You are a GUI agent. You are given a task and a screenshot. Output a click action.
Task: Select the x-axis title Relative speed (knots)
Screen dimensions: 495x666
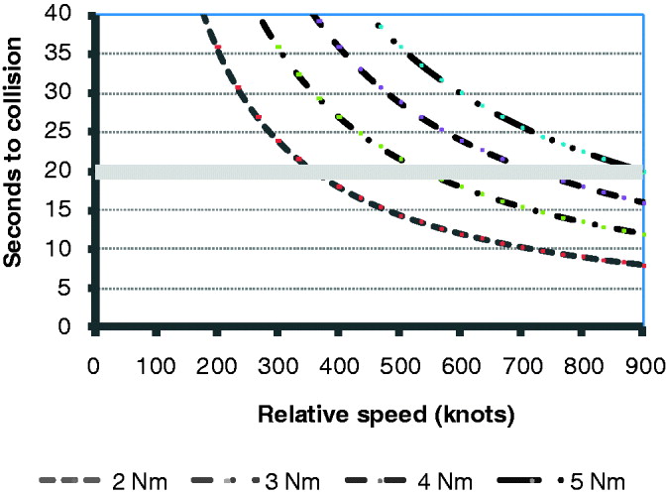387,415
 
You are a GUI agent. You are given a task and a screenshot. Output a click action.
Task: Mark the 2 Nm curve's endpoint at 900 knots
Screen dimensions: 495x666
644,265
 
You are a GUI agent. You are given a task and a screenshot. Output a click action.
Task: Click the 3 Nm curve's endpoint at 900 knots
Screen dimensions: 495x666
644,234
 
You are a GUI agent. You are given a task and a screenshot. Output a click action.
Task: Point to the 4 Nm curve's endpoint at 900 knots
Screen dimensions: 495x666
644,202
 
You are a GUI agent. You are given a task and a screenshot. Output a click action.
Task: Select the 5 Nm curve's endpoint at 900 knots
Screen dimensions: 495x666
644,172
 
